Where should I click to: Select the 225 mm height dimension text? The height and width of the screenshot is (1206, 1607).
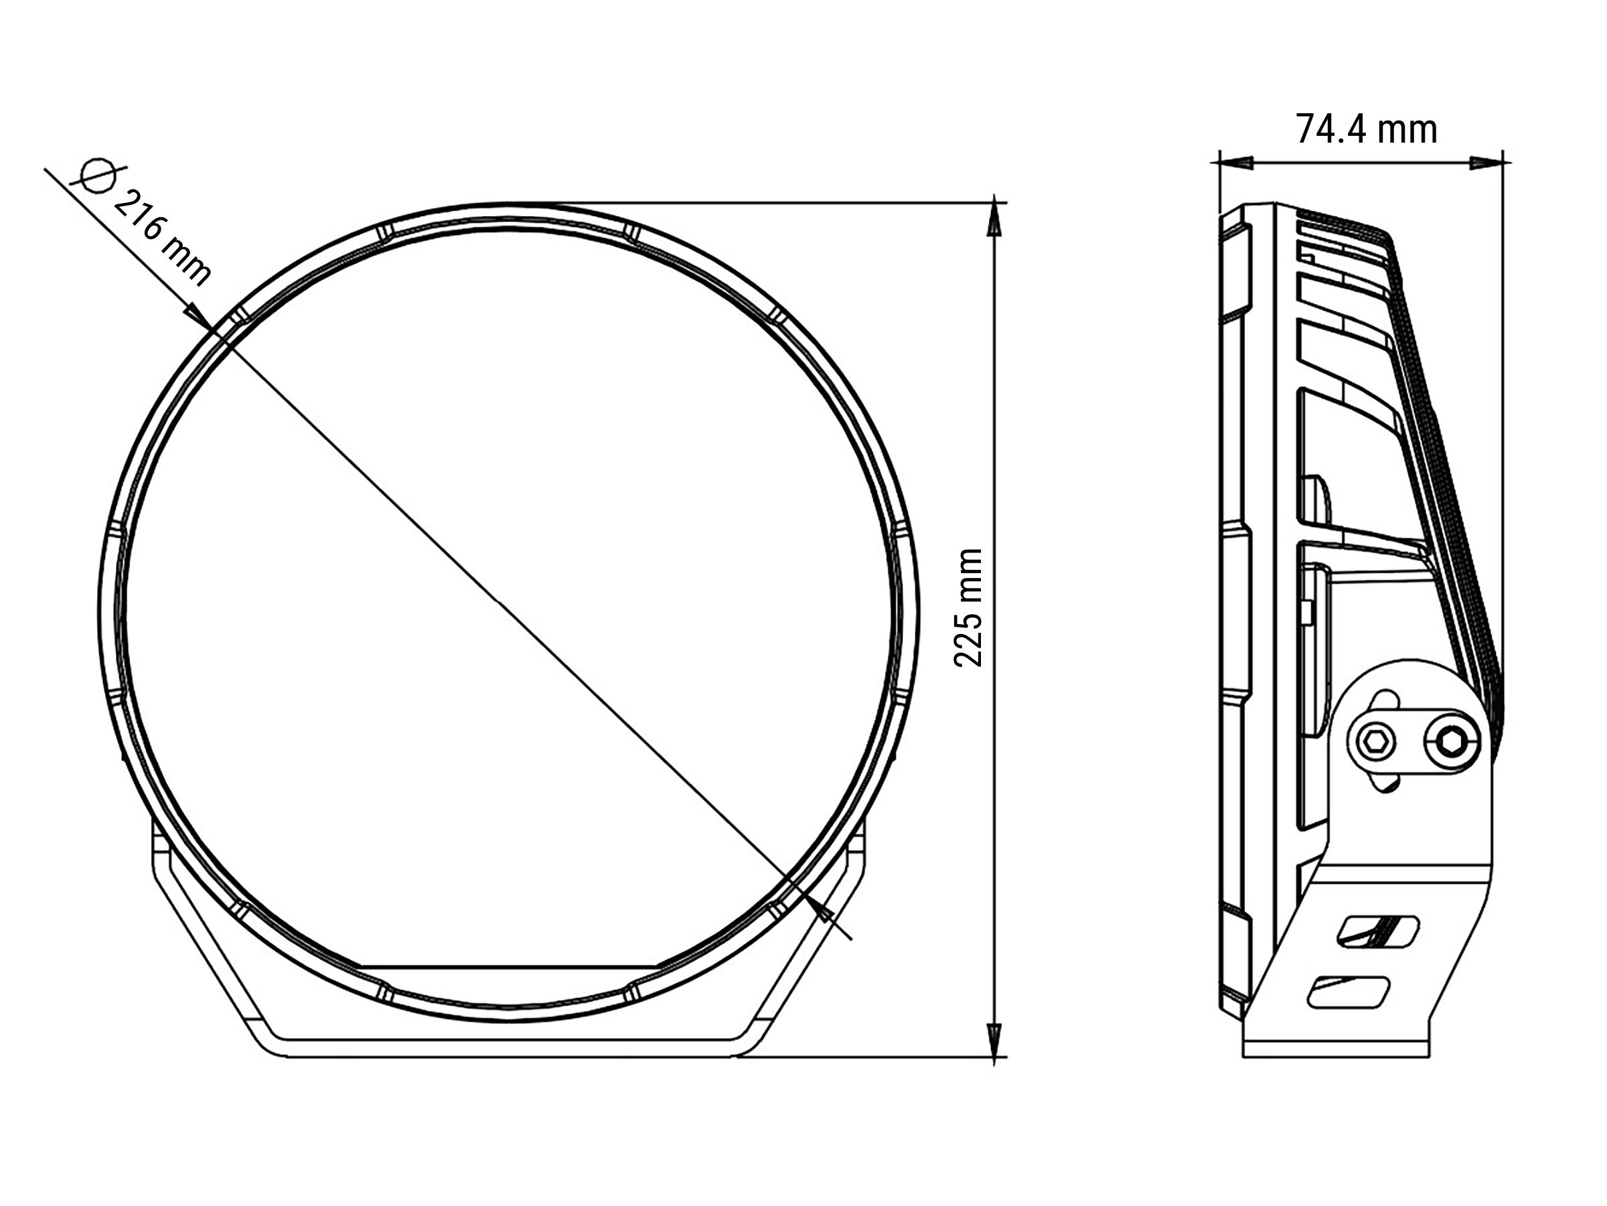pyautogui.click(x=968, y=609)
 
